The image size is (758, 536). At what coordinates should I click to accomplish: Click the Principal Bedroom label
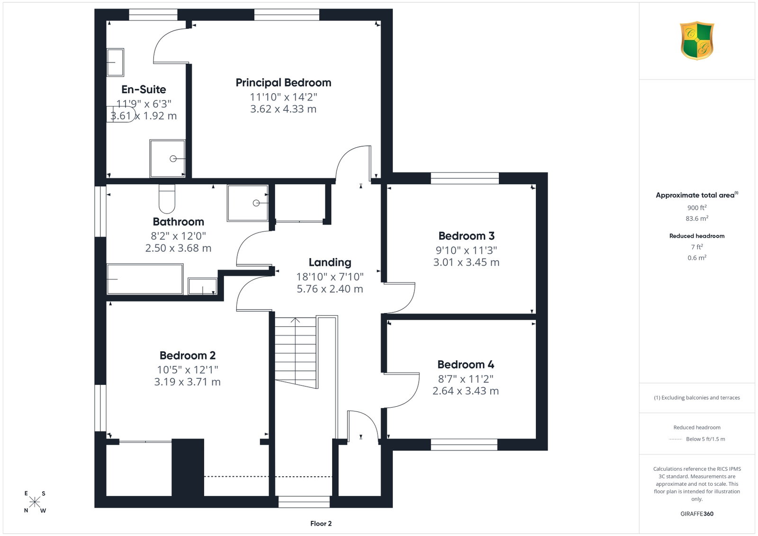[283, 83]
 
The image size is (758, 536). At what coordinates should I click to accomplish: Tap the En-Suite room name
[144, 89]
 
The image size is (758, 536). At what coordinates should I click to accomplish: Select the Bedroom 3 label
[466, 236]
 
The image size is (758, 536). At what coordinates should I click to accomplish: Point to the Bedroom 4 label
[466, 365]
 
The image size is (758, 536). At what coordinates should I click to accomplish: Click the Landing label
[330, 262]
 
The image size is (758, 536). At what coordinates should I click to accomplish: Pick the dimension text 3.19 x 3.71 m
[188, 382]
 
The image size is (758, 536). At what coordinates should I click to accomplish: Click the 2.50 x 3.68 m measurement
[178, 248]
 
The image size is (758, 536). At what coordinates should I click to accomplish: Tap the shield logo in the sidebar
[697, 41]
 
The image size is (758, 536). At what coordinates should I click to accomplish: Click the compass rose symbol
[35, 502]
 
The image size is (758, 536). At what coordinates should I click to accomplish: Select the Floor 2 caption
[321, 524]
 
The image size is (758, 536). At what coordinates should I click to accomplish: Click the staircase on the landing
[296, 353]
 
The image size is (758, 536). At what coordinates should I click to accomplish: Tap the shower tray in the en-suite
[168, 158]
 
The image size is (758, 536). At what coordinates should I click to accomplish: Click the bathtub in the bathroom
[145, 279]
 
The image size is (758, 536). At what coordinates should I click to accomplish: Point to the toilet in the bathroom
[167, 199]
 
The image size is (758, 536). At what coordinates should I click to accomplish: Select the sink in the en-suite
[115, 63]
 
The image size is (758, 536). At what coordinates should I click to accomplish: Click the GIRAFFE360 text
[697, 514]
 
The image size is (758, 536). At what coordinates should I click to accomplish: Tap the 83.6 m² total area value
[697, 218]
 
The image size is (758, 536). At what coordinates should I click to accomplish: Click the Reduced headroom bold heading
[697, 236]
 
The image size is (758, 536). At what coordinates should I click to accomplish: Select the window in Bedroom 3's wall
[465, 178]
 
